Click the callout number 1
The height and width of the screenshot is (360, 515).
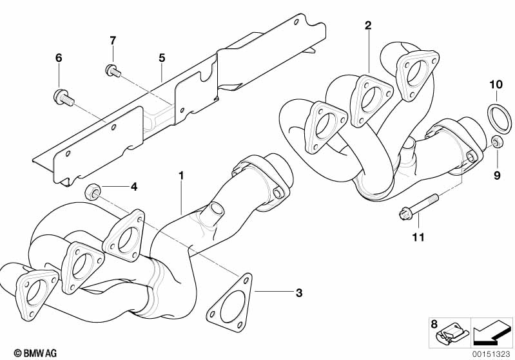coord(182,174)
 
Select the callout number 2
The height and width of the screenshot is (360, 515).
coord(368,26)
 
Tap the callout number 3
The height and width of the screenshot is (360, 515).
coord(298,294)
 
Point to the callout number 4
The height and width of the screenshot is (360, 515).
coord(134,187)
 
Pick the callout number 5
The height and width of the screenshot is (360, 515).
coord(162,58)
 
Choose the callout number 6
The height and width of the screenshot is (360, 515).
coord(59,58)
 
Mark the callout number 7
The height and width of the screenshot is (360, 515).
coord(113,41)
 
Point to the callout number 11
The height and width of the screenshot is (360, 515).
coord(419,238)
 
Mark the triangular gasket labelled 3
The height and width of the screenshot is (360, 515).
coord(230,302)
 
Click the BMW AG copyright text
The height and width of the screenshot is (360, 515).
coord(32,353)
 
